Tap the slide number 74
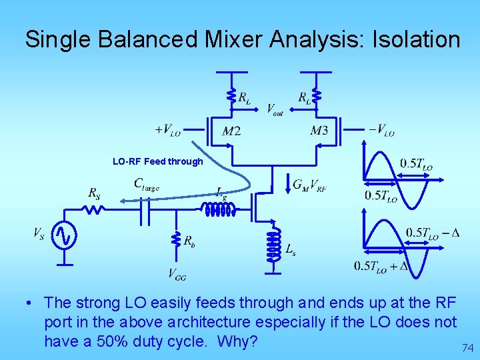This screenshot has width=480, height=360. pyautogui.click(x=467, y=347)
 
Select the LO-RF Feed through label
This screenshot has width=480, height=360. pyautogui.click(x=157, y=161)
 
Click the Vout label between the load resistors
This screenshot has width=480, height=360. pyautogui.click(x=275, y=109)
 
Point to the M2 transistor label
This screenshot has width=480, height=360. pyautogui.click(x=231, y=131)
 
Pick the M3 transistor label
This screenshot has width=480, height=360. pyautogui.click(x=319, y=131)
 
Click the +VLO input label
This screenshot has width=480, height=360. pyautogui.click(x=167, y=130)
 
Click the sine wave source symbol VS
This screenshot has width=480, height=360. pyautogui.click(x=65, y=235)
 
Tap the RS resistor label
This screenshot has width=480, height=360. pyautogui.click(x=95, y=193)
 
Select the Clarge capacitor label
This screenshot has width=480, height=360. pyautogui.click(x=146, y=183)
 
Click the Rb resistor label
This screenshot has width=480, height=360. pyautogui.click(x=189, y=240)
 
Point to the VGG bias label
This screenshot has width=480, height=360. pyautogui.click(x=177, y=273)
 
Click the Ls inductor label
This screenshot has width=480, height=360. pyautogui.click(x=291, y=249)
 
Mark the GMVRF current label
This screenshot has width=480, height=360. pyautogui.click(x=309, y=185)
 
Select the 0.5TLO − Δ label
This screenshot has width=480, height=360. pyautogui.click(x=432, y=233)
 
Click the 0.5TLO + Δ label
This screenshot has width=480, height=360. pyautogui.click(x=381, y=266)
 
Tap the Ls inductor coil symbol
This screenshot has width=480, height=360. pyautogui.click(x=272, y=247)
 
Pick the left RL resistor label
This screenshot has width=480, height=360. pyautogui.click(x=245, y=99)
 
